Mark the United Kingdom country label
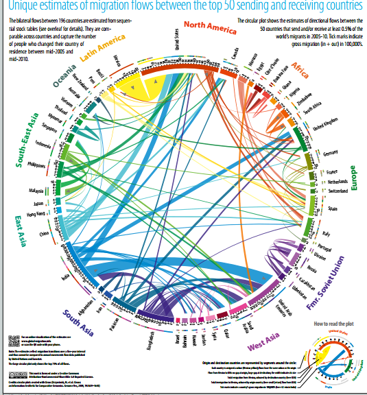tap(324, 128)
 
